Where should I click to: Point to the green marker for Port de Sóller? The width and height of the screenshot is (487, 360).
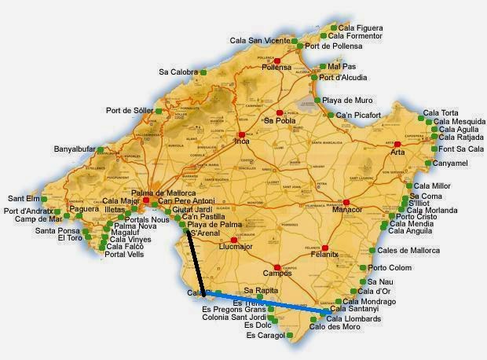pyautogui.click(x=159, y=111)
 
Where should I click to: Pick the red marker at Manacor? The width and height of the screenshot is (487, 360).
pyautogui.click(x=345, y=201)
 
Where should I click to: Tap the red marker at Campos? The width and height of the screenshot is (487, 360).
pyautogui.click(x=276, y=266)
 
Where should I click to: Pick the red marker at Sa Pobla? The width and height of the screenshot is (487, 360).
pyautogui.click(x=279, y=113)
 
